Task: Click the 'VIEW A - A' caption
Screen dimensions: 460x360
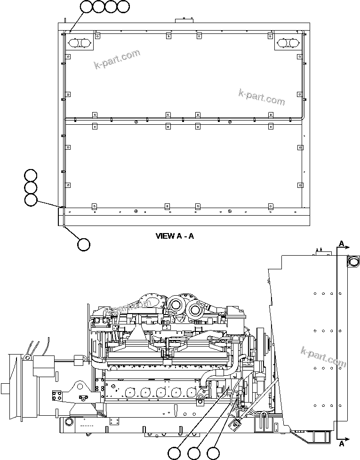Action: coord(175,236)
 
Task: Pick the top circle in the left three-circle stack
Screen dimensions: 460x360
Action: coord(31,175)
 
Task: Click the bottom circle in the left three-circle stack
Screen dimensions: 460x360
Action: coord(31,200)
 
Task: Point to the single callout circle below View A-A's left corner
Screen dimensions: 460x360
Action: coord(83,244)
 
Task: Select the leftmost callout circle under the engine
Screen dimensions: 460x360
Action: coord(174,453)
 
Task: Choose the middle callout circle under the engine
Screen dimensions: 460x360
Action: coord(193,453)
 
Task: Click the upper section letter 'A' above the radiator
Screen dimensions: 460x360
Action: coord(342,243)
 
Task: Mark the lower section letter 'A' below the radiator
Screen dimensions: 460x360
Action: coord(342,443)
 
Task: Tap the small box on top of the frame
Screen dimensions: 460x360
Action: coord(182,21)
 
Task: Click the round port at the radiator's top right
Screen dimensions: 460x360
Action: coord(353,260)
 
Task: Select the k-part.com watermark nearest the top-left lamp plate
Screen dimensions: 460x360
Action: coord(118,59)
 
